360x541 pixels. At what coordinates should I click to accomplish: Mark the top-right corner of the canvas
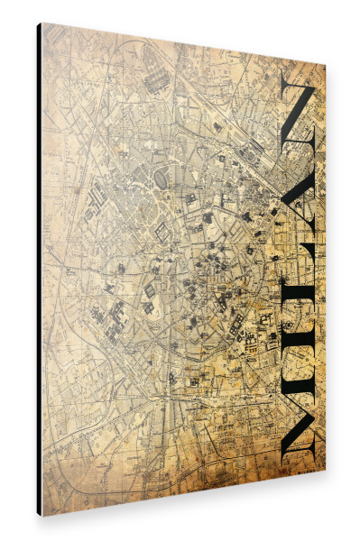pyautogui.click(x=325, y=66)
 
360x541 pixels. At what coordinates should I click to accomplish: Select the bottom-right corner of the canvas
pyautogui.click(x=325, y=470)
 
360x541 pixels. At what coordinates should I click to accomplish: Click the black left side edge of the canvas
pyautogui.click(x=39, y=270)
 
